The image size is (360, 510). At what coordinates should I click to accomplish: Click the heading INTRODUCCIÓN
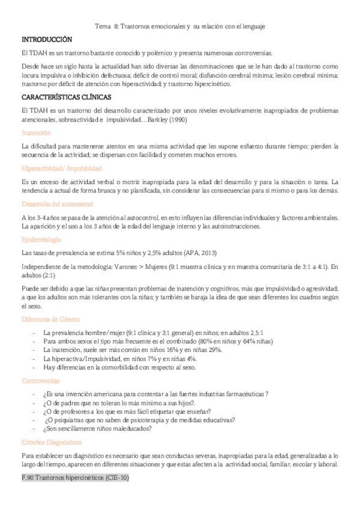(46, 39)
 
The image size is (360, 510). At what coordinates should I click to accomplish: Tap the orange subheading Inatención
(36, 132)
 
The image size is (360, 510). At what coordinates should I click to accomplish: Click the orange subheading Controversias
(40, 381)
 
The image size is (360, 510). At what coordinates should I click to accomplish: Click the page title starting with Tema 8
(180, 26)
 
